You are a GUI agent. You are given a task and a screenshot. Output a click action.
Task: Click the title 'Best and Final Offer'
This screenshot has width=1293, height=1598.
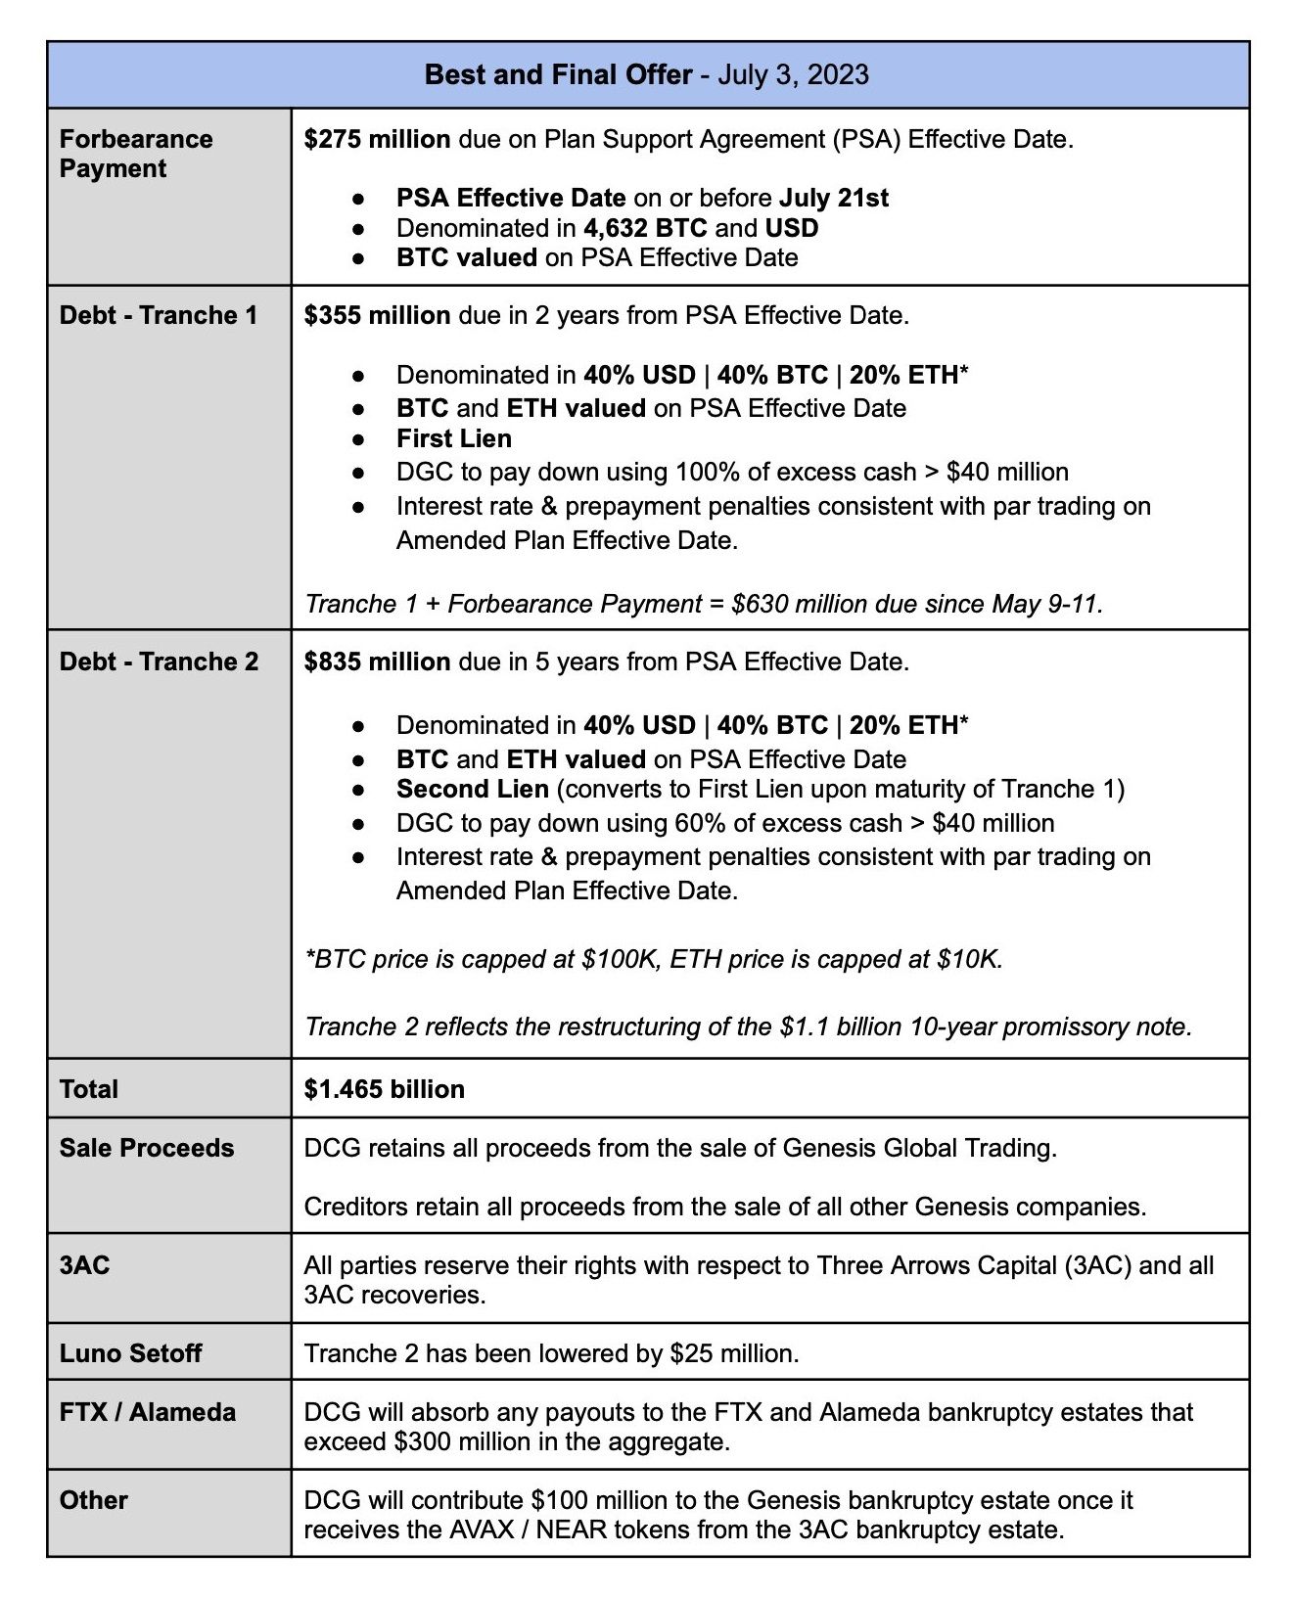tap(558, 75)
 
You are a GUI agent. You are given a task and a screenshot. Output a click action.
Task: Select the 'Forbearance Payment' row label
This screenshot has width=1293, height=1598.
tap(135, 154)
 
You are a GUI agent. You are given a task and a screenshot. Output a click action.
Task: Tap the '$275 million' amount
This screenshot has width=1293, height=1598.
tap(377, 140)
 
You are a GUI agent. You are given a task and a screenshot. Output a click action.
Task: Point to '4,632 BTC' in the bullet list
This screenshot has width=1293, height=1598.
tap(645, 228)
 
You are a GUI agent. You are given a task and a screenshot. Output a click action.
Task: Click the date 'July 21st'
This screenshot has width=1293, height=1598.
tap(834, 198)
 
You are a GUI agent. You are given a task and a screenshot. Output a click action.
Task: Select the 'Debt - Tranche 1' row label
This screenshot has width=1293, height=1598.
tap(159, 315)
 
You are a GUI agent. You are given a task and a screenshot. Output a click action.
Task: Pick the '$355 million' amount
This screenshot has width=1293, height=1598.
tap(377, 315)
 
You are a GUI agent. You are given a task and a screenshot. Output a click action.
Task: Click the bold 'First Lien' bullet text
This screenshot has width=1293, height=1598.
tap(454, 438)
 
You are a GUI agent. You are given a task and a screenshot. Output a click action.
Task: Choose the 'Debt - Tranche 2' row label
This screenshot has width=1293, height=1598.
tap(159, 662)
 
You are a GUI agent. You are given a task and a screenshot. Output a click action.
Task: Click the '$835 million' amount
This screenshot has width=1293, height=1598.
tap(377, 662)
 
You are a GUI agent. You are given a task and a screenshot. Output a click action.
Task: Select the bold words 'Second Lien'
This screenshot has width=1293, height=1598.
tap(473, 789)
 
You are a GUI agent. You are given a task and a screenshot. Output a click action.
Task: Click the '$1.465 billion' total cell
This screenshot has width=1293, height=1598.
tap(385, 1089)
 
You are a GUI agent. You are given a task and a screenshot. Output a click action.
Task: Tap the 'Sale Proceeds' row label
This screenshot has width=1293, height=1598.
tap(147, 1148)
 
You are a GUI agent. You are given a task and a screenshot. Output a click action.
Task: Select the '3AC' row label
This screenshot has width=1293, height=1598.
tap(84, 1265)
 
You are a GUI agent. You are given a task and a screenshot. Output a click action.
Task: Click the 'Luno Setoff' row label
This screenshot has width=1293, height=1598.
tap(130, 1353)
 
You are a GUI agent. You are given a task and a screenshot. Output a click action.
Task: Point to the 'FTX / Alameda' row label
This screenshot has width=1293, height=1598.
tap(148, 1412)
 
